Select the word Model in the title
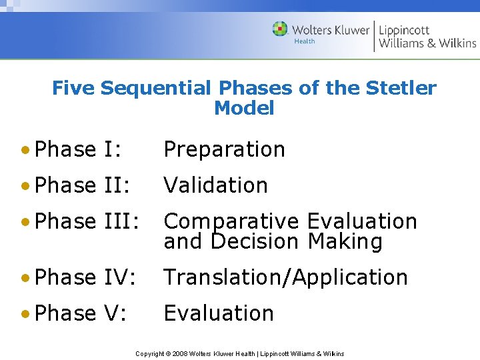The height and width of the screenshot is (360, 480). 244,108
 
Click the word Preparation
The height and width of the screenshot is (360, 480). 224,149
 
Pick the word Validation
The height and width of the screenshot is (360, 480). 215,185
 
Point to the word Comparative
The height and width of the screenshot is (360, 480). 233,221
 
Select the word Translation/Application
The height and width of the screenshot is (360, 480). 285,277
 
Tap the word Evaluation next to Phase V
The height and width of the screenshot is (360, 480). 219,313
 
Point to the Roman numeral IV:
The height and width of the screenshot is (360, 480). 120,277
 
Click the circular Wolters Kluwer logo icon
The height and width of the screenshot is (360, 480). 280,29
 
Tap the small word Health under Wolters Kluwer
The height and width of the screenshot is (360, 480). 305,41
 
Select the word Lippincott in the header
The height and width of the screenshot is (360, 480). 405,29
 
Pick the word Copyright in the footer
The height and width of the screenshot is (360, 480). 151,353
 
